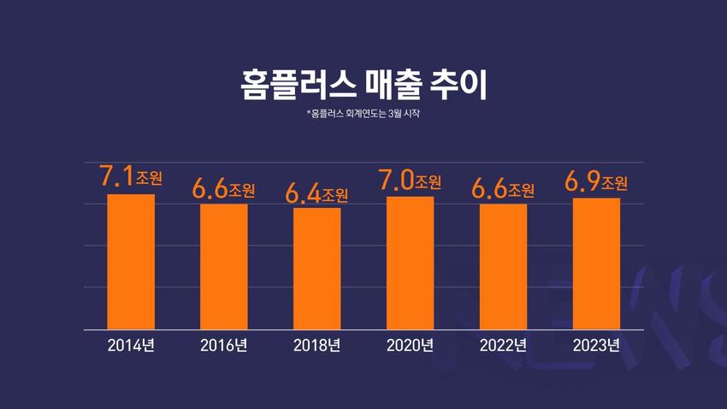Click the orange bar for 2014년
(x=131, y=261)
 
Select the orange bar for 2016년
(x=224, y=266)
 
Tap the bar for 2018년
(x=317, y=268)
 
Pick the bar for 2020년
(x=410, y=263)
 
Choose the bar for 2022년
(x=503, y=266)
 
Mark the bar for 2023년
(x=596, y=264)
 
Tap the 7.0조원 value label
(x=410, y=180)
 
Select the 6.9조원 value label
(x=596, y=181)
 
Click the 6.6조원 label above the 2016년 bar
(x=224, y=188)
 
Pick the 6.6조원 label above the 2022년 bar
(x=503, y=188)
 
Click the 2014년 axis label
(x=131, y=346)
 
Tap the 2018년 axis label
(x=317, y=346)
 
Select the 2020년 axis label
(x=410, y=346)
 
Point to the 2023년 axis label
(x=596, y=346)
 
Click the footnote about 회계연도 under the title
(x=363, y=113)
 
